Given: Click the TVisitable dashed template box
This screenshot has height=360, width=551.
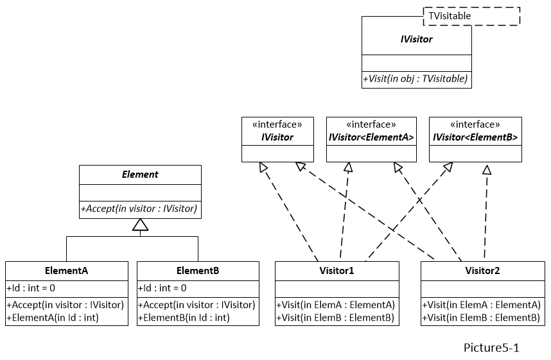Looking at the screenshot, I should point(471,16).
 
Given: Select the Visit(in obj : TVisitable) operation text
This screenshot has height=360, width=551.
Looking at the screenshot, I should point(416,80).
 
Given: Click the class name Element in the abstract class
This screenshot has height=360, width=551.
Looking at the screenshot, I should point(140,175).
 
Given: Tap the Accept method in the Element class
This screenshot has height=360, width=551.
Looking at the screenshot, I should point(139,209).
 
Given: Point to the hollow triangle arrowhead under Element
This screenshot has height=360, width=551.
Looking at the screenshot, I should point(140,225).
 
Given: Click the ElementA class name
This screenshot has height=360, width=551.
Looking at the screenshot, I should point(67,271).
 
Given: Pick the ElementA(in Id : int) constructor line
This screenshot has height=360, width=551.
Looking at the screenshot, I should point(53,317).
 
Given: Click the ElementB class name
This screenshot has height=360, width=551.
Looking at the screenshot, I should point(198,271).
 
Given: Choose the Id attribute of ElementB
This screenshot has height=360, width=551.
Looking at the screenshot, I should point(162,288).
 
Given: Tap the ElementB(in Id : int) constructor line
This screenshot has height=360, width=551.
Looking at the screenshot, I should point(184,317).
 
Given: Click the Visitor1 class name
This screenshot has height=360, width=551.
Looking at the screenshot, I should point(337,271).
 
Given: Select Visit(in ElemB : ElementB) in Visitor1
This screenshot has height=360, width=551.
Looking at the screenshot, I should point(336,317).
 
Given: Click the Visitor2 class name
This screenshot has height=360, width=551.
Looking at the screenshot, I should point(482,271).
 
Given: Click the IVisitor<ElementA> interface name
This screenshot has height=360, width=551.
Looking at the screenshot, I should point(371,137).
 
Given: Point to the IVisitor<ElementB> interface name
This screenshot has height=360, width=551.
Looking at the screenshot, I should point(475,137).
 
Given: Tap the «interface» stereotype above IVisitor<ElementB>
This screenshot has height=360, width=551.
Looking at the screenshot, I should point(475,125).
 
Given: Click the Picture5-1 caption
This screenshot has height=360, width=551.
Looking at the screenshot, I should point(491,348).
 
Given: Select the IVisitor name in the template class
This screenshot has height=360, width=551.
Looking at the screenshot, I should point(416,39).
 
